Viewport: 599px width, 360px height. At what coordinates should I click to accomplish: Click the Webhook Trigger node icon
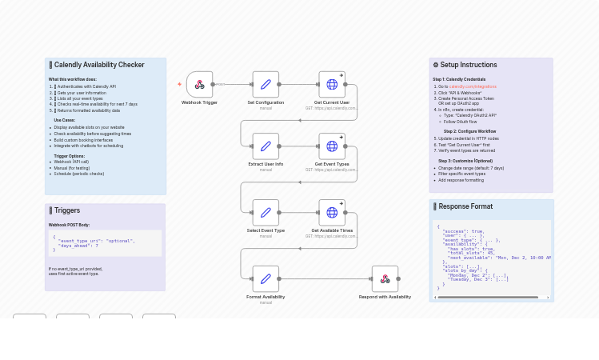click(x=199, y=84)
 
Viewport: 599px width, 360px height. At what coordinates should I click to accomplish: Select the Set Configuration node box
click(x=266, y=84)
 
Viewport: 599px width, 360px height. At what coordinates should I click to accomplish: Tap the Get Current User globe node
click(x=332, y=84)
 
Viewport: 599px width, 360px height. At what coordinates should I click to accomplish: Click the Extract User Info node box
click(x=266, y=146)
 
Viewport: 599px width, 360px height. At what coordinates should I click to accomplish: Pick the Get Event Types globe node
click(x=332, y=146)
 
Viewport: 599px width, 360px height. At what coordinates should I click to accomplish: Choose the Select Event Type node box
click(x=266, y=212)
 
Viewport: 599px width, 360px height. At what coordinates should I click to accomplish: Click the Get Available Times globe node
click(x=332, y=212)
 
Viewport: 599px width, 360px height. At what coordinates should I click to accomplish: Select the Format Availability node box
click(x=266, y=278)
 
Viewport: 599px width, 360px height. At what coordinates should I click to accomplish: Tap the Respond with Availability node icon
click(x=385, y=278)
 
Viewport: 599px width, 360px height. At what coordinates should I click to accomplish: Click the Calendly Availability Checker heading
click(x=99, y=65)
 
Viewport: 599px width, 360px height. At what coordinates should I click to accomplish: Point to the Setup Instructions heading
click(x=468, y=65)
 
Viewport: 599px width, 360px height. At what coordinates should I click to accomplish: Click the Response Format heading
click(x=465, y=206)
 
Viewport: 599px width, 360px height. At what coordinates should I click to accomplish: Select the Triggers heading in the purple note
click(x=67, y=210)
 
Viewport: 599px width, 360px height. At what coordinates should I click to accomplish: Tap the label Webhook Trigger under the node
click(x=199, y=102)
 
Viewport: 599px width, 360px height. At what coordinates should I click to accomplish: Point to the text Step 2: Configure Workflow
click(x=469, y=131)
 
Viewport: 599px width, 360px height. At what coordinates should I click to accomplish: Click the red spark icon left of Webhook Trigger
click(x=179, y=84)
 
